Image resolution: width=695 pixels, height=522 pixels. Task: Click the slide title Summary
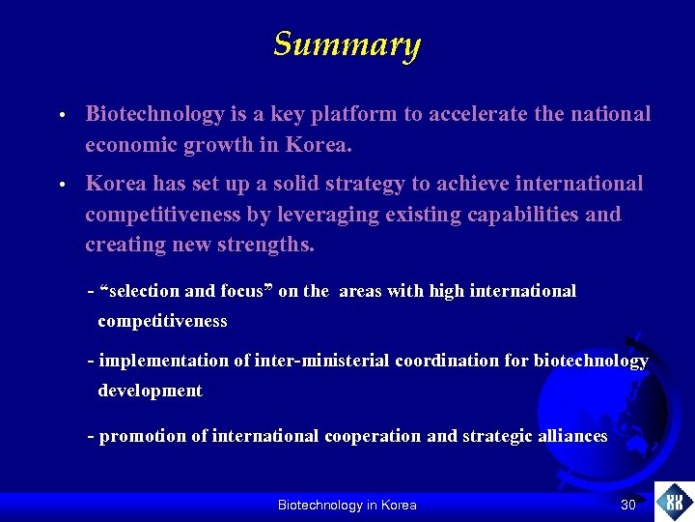[347, 44]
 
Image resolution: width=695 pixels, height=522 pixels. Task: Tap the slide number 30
[628, 505]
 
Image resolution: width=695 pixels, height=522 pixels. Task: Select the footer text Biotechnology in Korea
[347, 505]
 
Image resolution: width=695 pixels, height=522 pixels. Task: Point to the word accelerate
[468, 114]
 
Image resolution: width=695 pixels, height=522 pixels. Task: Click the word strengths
[264, 245]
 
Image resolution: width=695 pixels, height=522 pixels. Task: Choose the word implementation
[163, 361]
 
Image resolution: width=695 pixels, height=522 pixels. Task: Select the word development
[150, 391]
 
